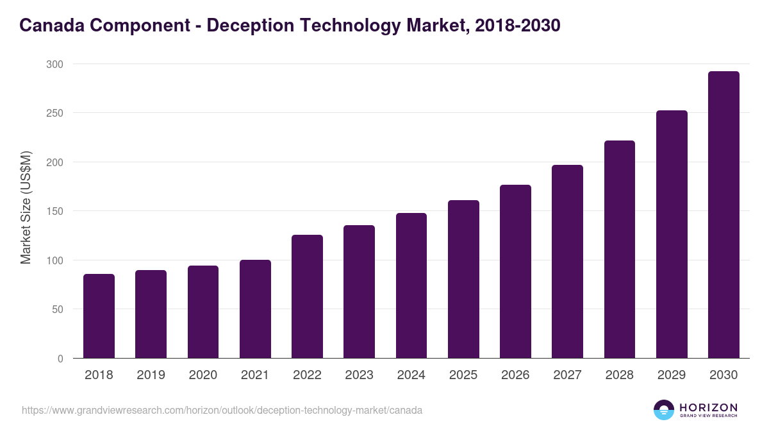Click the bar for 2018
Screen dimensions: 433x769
tap(99, 316)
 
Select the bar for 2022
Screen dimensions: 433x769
tap(307, 296)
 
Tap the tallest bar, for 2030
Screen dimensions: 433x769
tap(724, 215)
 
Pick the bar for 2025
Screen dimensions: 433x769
tap(463, 279)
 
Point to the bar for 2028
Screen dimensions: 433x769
tap(620, 250)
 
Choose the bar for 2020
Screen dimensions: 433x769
tap(203, 312)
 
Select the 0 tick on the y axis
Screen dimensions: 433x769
tap(60, 359)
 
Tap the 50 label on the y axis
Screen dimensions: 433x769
tap(57, 309)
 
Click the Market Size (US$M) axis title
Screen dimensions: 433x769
tap(26, 208)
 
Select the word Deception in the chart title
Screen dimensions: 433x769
tap(260, 26)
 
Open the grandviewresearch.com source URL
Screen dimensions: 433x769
tap(222, 410)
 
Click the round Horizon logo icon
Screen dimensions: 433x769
tap(664, 410)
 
